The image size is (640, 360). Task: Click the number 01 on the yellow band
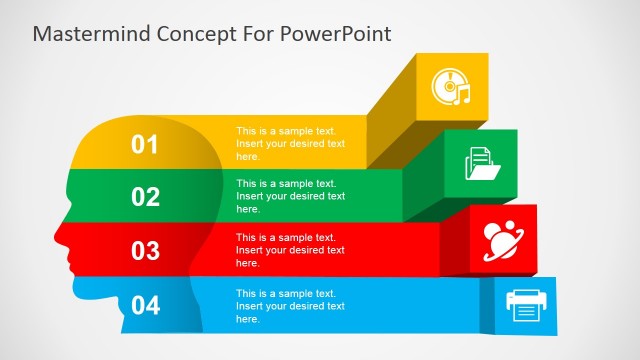pyautogui.click(x=146, y=145)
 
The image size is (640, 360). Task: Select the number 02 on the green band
pyautogui.click(x=146, y=197)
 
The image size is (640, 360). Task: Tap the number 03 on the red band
pyautogui.click(x=146, y=250)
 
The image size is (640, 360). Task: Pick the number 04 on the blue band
pyautogui.click(x=146, y=305)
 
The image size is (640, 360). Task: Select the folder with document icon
pyautogui.click(x=482, y=163)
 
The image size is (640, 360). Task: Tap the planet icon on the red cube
pyautogui.click(x=504, y=238)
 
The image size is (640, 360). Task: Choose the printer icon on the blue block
pyautogui.click(x=526, y=305)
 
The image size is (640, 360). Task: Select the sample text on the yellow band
pyautogui.click(x=290, y=144)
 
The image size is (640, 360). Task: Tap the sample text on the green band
pyautogui.click(x=290, y=196)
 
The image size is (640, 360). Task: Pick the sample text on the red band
pyautogui.click(x=290, y=250)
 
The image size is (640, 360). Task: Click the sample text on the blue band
pyautogui.click(x=290, y=305)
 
